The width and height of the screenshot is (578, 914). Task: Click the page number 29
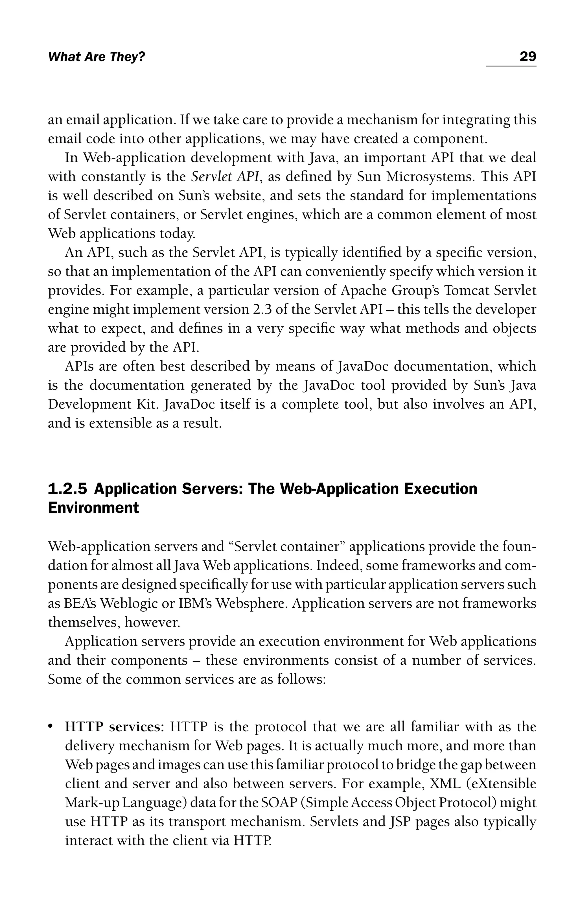coord(527,57)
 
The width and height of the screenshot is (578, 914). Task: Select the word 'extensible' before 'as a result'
coord(119,424)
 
